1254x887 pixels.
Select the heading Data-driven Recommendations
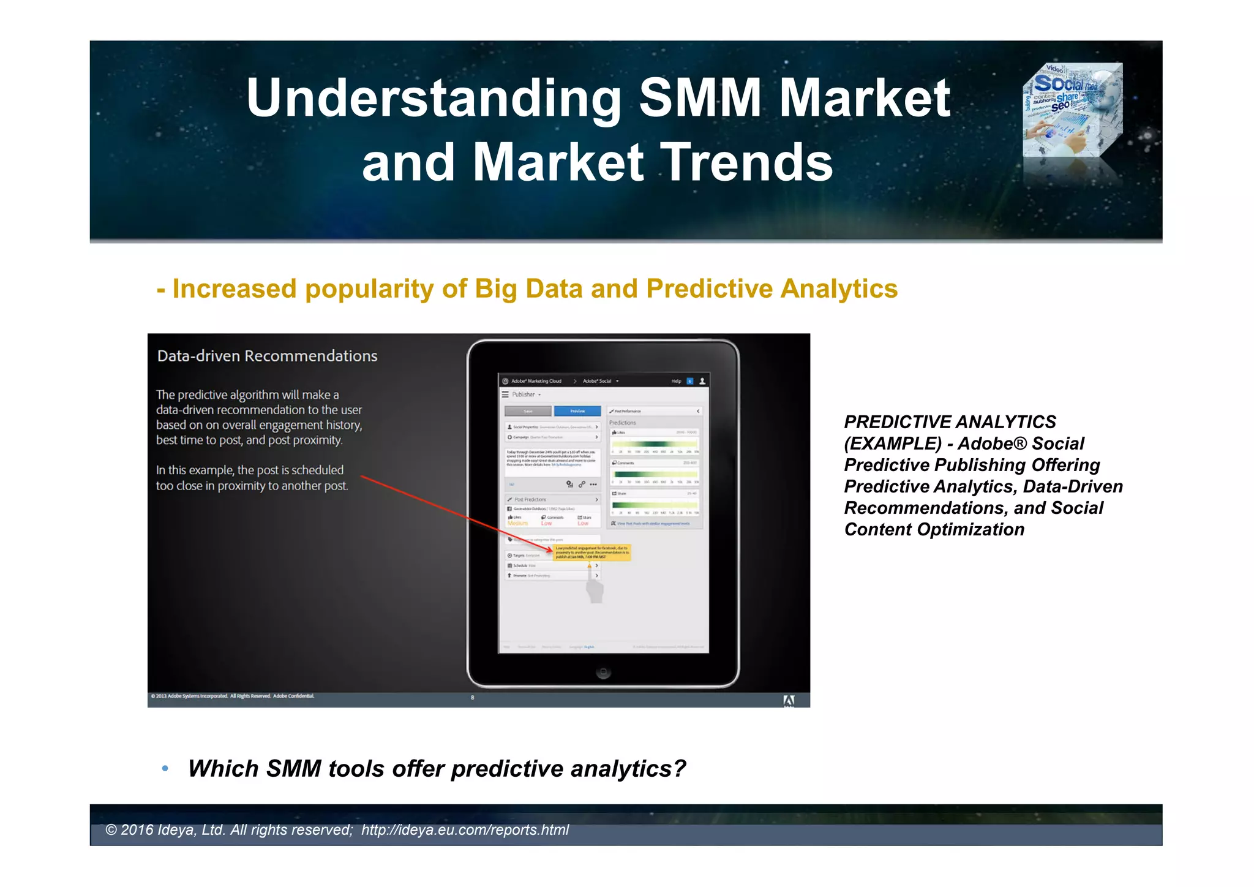[267, 356]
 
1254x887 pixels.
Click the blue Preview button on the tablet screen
[577, 411]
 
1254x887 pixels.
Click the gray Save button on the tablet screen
[528, 411]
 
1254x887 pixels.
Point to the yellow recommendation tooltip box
[591, 552]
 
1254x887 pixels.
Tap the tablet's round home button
[603, 672]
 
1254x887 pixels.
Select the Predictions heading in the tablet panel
[623, 423]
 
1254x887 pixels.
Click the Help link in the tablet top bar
[676, 381]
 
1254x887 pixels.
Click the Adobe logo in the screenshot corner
[789, 700]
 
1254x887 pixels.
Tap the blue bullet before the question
[165, 769]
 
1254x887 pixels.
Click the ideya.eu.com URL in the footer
[465, 830]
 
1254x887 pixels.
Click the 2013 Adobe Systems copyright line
[233, 696]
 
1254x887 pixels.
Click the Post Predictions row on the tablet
[530, 499]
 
